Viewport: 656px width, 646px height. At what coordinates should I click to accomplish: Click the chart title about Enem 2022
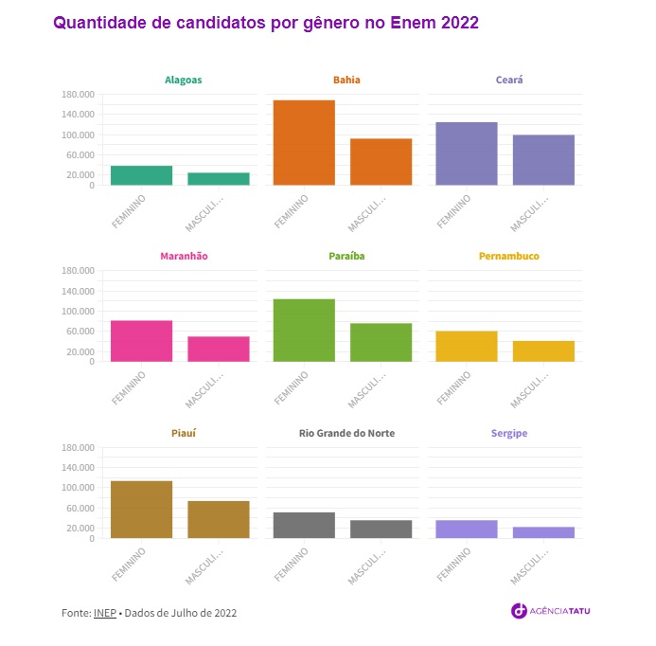pyautogui.click(x=266, y=23)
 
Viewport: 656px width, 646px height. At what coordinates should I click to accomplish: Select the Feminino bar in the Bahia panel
pyautogui.click(x=304, y=142)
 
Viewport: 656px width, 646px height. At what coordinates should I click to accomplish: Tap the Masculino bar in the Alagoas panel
pyautogui.click(x=219, y=179)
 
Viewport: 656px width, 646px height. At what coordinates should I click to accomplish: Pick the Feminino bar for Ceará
pyautogui.click(x=467, y=153)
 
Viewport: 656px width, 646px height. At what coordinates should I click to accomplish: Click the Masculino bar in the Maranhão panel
pyautogui.click(x=219, y=349)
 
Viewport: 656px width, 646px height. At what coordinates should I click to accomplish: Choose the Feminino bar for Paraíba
pyautogui.click(x=304, y=331)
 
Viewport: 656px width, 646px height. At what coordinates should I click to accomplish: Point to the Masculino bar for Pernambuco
pyautogui.click(x=543, y=351)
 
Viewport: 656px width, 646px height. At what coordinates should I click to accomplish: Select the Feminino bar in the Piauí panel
pyautogui.click(x=141, y=510)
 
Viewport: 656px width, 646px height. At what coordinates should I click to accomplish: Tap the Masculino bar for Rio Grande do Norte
pyautogui.click(x=381, y=529)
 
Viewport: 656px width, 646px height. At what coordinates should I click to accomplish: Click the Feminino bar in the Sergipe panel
pyautogui.click(x=467, y=529)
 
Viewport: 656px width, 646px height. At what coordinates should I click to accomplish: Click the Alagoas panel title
pyautogui.click(x=183, y=81)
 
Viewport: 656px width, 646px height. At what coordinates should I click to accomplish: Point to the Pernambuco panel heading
pyautogui.click(x=509, y=257)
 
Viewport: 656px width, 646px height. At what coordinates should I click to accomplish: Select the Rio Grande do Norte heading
pyautogui.click(x=346, y=434)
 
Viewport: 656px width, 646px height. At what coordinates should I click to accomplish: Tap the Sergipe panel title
pyautogui.click(x=509, y=434)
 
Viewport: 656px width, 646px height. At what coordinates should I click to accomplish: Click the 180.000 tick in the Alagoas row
pyautogui.click(x=78, y=95)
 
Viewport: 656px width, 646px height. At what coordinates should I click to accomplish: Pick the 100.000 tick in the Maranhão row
pyautogui.click(x=78, y=312)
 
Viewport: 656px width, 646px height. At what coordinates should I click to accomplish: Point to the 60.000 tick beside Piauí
pyautogui.click(x=80, y=509)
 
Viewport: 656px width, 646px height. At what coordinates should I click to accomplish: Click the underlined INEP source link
pyautogui.click(x=104, y=613)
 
